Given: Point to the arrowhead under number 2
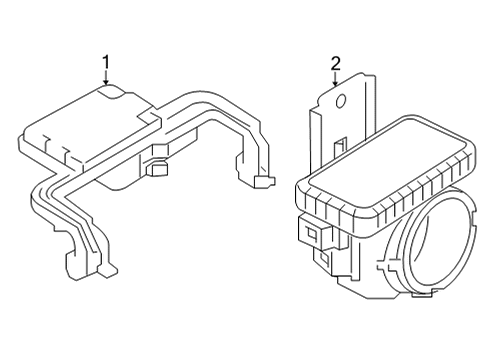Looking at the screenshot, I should click(336, 84).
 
